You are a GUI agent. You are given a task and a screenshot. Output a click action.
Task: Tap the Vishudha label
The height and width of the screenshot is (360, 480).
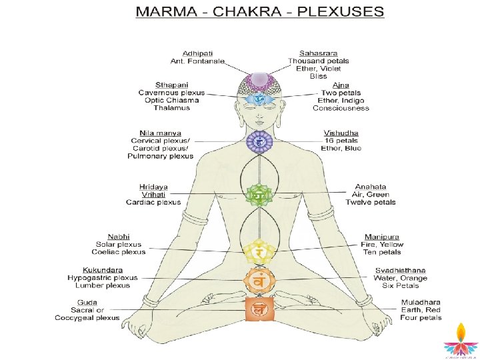click(x=341, y=133)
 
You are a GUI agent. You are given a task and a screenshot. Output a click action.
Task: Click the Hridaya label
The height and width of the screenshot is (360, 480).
click(x=154, y=187)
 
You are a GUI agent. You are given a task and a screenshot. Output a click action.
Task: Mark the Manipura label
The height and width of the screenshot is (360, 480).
click(x=382, y=237)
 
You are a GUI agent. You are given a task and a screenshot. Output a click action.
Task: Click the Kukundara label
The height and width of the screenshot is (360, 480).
click(x=103, y=270)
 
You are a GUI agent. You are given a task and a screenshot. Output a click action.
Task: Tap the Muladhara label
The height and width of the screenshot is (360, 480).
click(x=420, y=302)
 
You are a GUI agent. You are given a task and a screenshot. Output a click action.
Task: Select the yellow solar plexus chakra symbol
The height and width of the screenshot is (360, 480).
click(x=257, y=252)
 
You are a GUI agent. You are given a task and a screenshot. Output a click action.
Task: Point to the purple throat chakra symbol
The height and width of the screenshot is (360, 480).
click(x=257, y=141)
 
